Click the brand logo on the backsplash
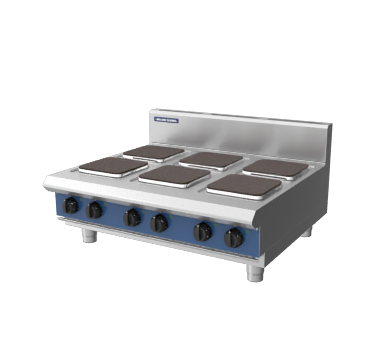click(166, 122)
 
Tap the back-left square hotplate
click(154, 152)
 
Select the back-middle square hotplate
click(211, 158)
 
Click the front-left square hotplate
click(113, 165)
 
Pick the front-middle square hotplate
click(174, 174)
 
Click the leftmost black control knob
click(72, 206)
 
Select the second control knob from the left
click(95, 210)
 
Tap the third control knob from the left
click(132, 217)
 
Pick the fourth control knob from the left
click(159, 222)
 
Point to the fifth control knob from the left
click(202, 230)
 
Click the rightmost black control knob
click(234, 237)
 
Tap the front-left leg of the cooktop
click(88, 236)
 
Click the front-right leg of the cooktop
click(255, 271)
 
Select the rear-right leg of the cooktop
click(307, 231)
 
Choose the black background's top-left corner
click(4, 4)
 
